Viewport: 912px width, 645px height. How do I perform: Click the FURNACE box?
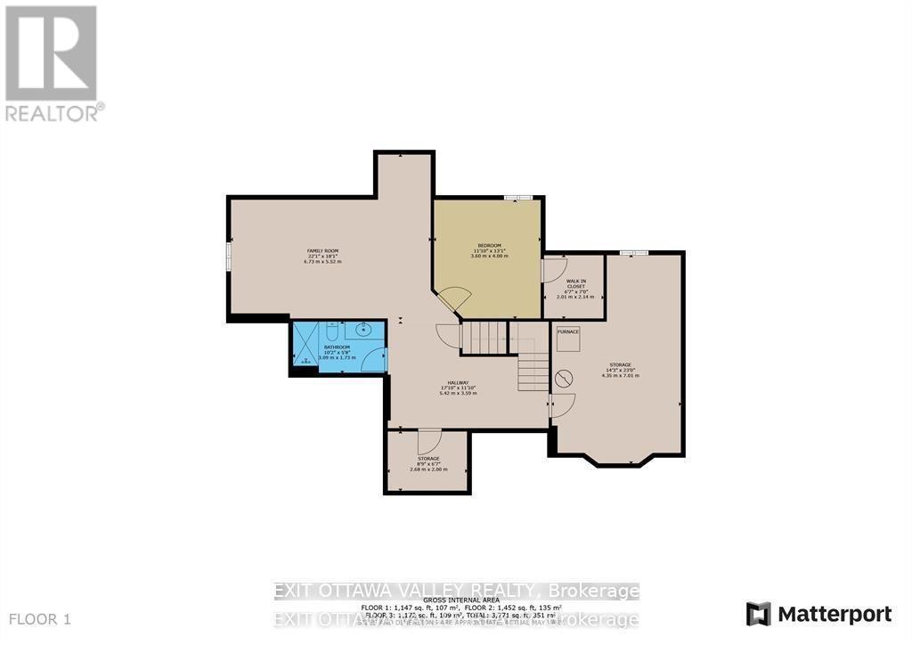click(x=568, y=331)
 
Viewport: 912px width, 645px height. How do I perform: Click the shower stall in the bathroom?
click(x=305, y=347)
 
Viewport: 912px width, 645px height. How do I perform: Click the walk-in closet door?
click(x=553, y=270)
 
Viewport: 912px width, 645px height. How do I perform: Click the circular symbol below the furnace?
click(x=563, y=379)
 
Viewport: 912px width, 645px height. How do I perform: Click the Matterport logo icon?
click(x=759, y=614)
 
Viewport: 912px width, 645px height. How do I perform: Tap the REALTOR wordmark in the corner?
click(x=53, y=113)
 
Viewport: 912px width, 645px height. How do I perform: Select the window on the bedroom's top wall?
click(x=517, y=198)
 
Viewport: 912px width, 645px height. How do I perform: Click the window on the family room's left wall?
click(x=229, y=256)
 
